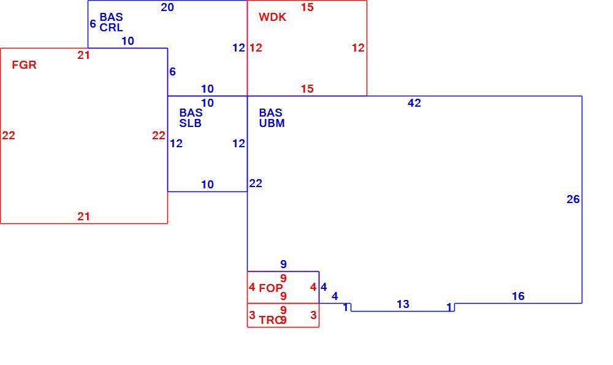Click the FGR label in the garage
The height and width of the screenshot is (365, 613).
[25, 65]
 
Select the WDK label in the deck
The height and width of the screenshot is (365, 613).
[273, 17]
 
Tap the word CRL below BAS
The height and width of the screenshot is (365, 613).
[112, 28]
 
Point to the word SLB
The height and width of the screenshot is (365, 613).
[191, 123]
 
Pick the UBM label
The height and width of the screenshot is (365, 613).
[272, 123]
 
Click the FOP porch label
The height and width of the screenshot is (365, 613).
[270, 288]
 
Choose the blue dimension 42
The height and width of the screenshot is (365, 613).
[414, 103]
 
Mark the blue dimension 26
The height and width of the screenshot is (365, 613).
[573, 199]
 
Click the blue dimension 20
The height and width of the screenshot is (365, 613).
[167, 7]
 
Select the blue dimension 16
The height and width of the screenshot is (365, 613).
[519, 296]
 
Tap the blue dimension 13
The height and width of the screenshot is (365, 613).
[403, 304]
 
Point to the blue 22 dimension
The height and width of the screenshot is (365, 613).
[256, 183]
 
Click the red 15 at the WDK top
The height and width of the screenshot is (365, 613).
[307, 7]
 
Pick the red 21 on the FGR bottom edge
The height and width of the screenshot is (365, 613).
[83, 217]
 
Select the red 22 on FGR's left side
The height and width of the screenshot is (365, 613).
[9, 136]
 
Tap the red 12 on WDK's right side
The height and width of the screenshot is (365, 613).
[358, 48]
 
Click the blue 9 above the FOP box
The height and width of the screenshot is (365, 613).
[283, 264]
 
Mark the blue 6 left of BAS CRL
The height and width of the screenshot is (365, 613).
[93, 24]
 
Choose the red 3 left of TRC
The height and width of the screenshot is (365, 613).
[252, 315]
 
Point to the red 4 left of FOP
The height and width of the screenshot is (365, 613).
[252, 287]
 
